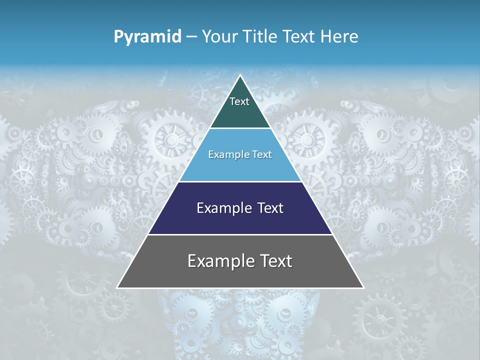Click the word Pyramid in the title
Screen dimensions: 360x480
[x=147, y=37]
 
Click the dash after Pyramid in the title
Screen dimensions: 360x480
[x=191, y=37]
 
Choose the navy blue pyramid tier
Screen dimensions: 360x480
[x=240, y=220]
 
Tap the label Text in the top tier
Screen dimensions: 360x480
[x=239, y=101]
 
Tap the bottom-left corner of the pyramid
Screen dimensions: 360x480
[x=117, y=287]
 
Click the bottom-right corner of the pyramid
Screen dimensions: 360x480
[x=363, y=287]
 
